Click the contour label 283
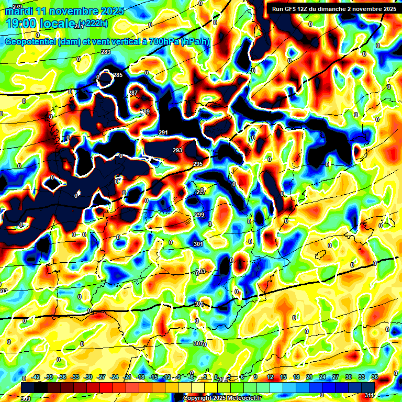pyautogui.click(x=106, y=52)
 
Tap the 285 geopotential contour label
pyautogui.click(x=118, y=75)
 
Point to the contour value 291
pyautogui.click(x=163, y=132)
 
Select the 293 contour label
pyautogui.click(x=177, y=150)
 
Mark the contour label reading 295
pyautogui.click(x=197, y=164)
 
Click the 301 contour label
pyautogui.click(x=198, y=244)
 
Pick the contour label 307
pyautogui.click(x=198, y=343)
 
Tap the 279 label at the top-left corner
pyautogui.click(x=17, y=6)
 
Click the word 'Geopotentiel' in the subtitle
pyautogui.click(x=30, y=42)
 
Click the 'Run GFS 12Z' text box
pyautogui.click(x=333, y=8)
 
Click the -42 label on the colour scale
pyautogui.click(x=36, y=377)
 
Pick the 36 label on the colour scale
pyautogui.click(x=374, y=377)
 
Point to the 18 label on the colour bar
pyautogui.click(x=296, y=377)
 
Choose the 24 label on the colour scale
pyautogui.click(x=322, y=377)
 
